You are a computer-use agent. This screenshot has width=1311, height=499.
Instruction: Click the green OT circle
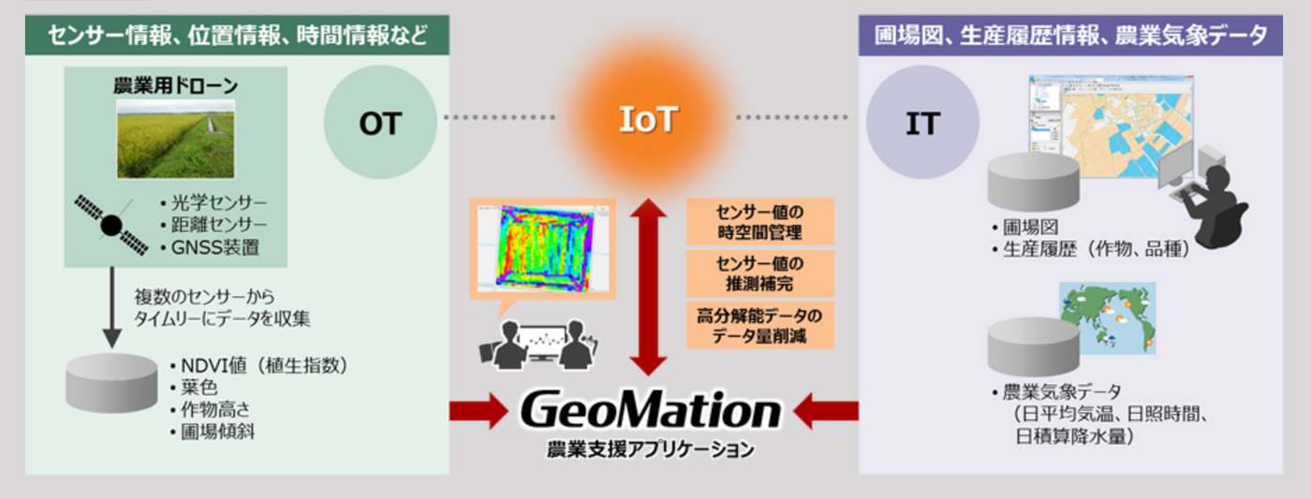click(x=380, y=122)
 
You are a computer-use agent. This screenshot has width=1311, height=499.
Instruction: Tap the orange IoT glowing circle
click(x=648, y=119)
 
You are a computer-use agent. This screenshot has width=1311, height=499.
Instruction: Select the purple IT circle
click(x=923, y=122)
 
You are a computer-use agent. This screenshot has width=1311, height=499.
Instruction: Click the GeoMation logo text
click(x=651, y=410)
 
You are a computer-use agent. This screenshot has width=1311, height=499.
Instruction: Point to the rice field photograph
click(x=176, y=139)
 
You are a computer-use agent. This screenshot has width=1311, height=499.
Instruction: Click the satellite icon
click(x=111, y=225)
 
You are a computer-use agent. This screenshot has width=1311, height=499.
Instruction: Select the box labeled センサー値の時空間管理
click(x=759, y=222)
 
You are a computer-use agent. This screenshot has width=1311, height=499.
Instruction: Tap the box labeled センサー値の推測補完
click(x=759, y=273)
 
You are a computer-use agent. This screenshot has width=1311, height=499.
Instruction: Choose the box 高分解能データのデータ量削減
click(x=759, y=326)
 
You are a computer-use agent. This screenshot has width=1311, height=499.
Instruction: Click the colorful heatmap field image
click(x=544, y=248)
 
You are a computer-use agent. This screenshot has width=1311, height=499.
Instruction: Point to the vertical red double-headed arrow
click(x=648, y=286)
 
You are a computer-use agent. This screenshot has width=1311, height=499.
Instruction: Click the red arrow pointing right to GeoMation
click(x=479, y=411)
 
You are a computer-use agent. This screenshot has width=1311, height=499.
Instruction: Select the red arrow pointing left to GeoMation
click(x=826, y=411)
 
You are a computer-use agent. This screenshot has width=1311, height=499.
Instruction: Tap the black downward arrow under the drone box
click(x=111, y=308)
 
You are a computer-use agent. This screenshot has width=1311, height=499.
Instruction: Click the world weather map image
click(x=1108, y=318)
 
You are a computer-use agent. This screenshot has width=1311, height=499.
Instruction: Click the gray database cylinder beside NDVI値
click(x=111, y=383)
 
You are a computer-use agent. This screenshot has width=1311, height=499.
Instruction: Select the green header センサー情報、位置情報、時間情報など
click(x=237, y=35)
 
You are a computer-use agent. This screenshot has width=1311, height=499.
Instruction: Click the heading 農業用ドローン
click(x=176, y=86)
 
